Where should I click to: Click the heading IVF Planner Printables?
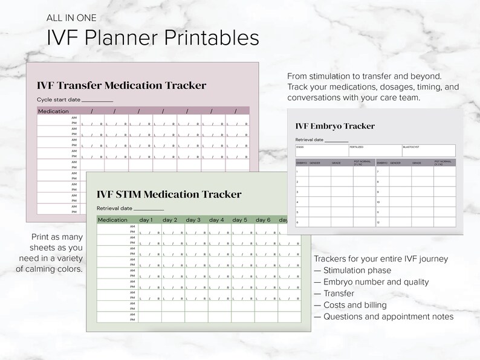pos(153,37)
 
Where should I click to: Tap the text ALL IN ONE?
pos(71,18)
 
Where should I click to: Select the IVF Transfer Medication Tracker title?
pos(122,85)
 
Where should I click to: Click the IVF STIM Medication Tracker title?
pos(169,194)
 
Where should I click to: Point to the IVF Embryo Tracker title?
pos(335,126)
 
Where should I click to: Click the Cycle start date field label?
pos(59,99)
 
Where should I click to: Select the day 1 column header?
pos(146,220)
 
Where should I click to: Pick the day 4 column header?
pos(216,220)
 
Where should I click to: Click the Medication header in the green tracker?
pos(112,220)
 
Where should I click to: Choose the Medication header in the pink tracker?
pos(54,111)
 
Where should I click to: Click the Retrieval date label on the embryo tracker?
pos(309,140)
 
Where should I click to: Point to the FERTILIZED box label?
pos(357,147)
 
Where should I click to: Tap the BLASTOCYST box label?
pos(411,147)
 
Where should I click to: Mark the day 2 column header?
pos(170,220)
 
